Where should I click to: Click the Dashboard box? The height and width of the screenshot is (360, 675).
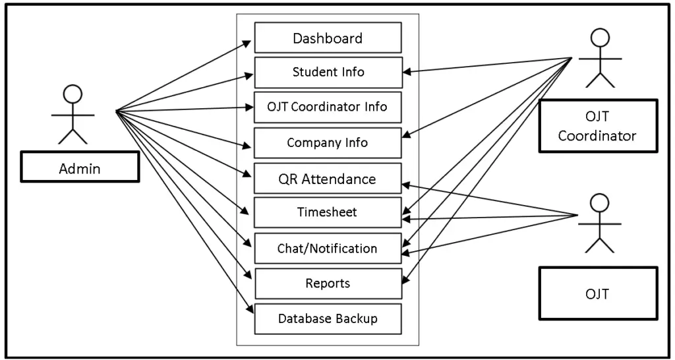(x=328, y=38)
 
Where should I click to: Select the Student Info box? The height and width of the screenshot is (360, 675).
(x=328, y=72)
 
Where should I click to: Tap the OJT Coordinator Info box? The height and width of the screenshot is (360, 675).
(x=328, y=107)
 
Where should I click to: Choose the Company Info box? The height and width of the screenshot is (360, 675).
(x=328, y=142)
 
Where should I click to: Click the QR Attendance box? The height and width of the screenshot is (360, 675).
(x=328, y=179)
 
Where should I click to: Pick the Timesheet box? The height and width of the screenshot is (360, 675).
(x=328, y=212)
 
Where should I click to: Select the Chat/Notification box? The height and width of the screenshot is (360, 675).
(x=328, y=249)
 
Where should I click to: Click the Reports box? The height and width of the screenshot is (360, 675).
(x=328, y=284)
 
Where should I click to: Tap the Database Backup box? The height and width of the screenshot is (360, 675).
(x=328, y=319)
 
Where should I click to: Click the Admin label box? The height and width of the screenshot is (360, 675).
(x=80, y=168)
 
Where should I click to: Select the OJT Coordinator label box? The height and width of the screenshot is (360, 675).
(x=597, y=126)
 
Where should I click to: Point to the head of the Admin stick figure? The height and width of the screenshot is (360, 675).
(x=73, y=94)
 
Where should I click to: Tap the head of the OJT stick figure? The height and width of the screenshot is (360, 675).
(x=599, y=202)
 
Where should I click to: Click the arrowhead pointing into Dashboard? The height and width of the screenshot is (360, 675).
(x=248, y=43)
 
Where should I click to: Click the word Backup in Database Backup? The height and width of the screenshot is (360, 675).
(x=356, y=319)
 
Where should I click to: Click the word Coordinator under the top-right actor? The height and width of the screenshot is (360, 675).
(x=597, y=136)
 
